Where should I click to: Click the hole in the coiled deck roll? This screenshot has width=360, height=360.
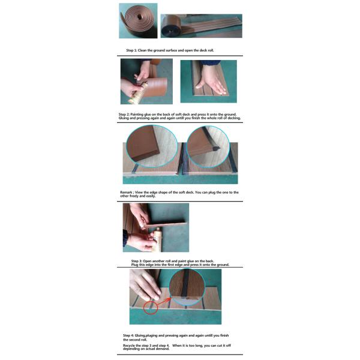tap(139, 17)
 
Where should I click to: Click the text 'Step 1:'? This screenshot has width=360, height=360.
tap(131, 50)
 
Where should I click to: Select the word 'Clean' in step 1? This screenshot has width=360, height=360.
tap(142, 50)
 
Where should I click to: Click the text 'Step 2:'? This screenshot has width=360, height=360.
tap(124, 115)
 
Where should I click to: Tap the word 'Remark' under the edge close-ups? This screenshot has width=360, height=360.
tap(126, 193)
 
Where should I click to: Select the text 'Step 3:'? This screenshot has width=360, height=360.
tap(137, 261)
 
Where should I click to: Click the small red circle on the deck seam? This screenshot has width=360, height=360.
tap(151, 307)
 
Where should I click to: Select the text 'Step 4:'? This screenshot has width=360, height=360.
tap(128, 335)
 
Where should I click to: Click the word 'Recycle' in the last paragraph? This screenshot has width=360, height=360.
tap(129, 346)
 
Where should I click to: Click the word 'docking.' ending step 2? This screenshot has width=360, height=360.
tap(234, 118)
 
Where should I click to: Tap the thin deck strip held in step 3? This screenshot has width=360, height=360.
tap(166, 224)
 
